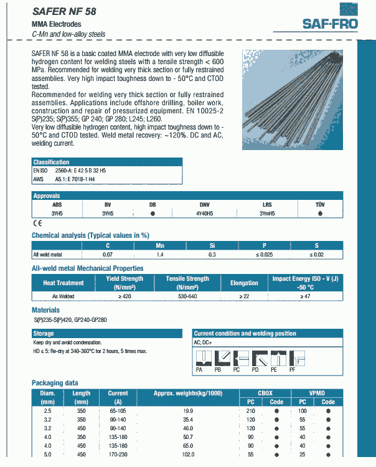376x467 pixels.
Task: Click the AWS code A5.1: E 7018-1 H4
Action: [79, 179]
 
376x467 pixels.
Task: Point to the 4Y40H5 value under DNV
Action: [204, 213]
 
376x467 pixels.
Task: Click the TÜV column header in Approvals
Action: [320, 205]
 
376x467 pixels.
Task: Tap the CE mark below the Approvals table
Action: [36, 223]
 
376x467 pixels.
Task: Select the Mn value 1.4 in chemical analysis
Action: [159, 255]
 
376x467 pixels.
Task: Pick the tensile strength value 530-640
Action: [187, 296]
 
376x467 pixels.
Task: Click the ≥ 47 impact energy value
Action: [305, 296]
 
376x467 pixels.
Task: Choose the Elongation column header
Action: [244, 283]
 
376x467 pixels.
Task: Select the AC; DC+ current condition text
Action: [204, 342]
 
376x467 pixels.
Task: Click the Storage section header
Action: [44, 334]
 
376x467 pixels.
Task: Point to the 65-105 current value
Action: [118, 411]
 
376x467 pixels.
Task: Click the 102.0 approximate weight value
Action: [187, 455]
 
